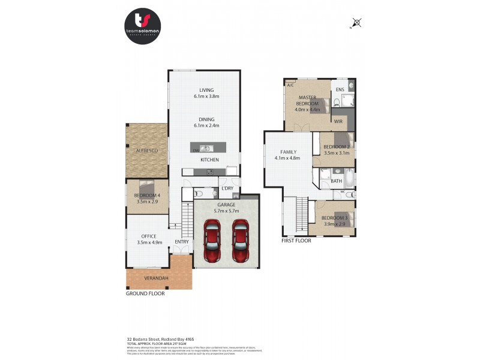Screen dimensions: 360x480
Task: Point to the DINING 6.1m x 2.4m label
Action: [x=206, y=122]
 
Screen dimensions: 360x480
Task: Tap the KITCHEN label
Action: [x=209, y=160]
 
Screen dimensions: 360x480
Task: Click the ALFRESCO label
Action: [x=146, y=151]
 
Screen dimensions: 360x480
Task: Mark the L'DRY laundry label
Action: [x=227, y=188]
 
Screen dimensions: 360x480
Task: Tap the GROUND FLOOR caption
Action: [x=145, y=294]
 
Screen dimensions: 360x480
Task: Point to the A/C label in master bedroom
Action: [x=290, y=85]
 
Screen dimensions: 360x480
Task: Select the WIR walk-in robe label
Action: [x=338, y=121]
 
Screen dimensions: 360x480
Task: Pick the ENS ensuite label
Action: [x=340, y=90]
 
